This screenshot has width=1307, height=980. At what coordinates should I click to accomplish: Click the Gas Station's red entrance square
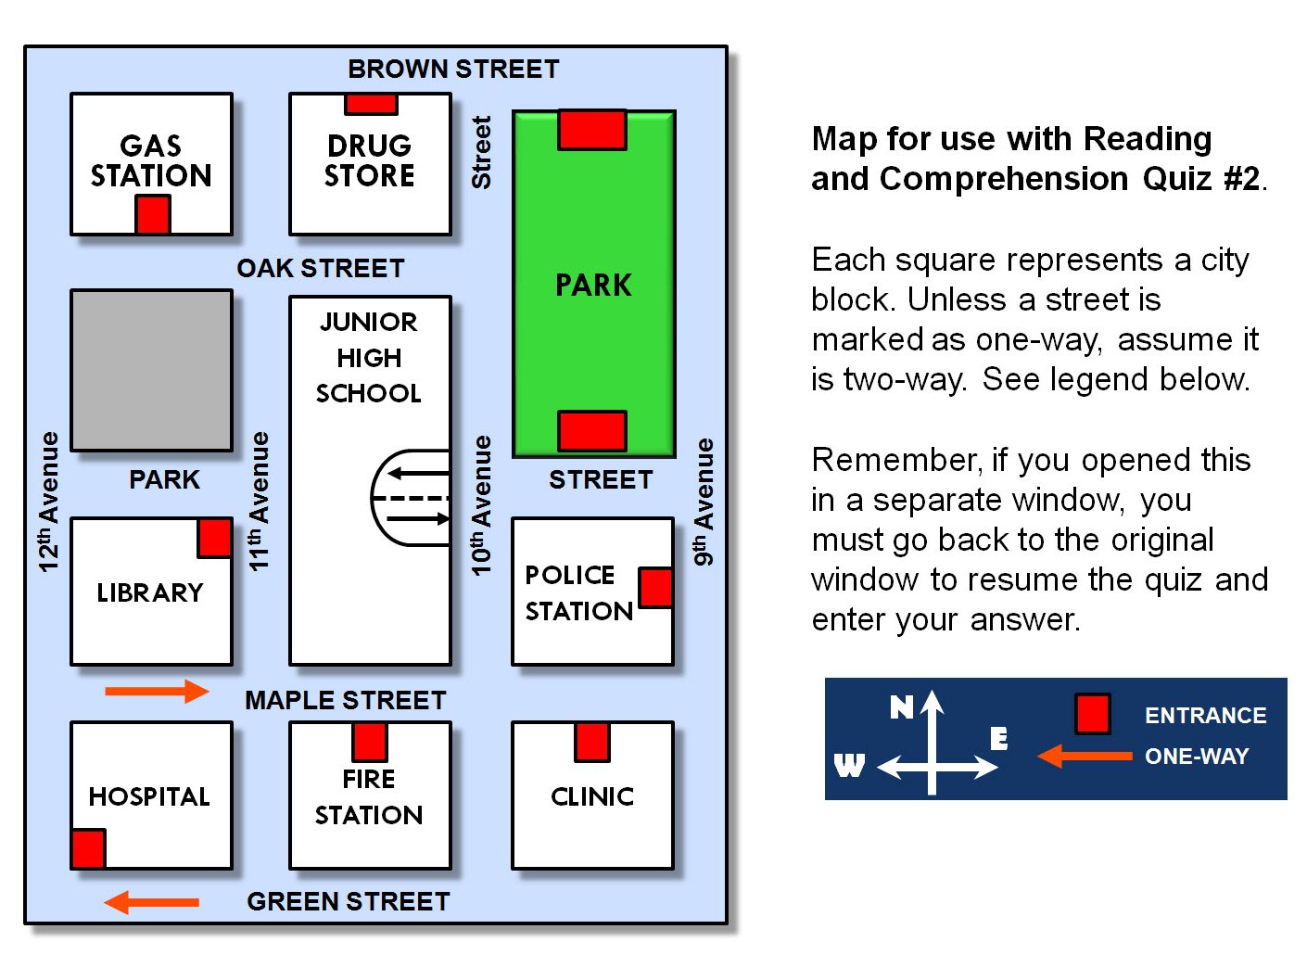click(x=152, y=214)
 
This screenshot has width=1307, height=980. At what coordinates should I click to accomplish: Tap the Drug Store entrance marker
click(x=371, y=104)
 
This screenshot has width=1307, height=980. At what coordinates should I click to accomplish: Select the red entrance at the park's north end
click(x=592, y=130)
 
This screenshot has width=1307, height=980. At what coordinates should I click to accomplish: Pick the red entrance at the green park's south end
click(x=592, y=430)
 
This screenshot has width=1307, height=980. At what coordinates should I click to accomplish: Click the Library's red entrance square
click(x=214, y=538)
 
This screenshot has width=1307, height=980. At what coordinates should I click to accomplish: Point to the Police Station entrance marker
click(x=655, y=588)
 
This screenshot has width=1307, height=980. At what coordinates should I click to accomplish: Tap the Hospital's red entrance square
click(x=89, y=848)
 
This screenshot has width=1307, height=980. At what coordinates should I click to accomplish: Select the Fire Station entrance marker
click(x=370, y=742)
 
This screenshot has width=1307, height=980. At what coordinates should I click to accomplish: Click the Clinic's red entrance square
click(x=592, y=742)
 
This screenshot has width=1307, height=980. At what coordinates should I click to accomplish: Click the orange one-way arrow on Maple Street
click(x=157, y=692)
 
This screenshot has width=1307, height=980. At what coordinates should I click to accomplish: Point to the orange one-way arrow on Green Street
click(x=151, y=903)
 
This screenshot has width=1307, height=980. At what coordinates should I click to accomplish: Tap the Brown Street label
click(x=453, y=69)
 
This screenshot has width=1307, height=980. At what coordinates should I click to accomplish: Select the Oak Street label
click(x=321, y=269)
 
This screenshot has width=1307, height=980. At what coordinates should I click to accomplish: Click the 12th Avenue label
click(x=49, y=502)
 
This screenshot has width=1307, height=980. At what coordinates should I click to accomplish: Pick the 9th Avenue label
click(x=704, y=502)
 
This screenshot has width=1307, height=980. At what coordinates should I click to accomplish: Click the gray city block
click(x=151, y=370)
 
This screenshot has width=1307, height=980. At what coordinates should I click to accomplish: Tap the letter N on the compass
click(x=902, y=707)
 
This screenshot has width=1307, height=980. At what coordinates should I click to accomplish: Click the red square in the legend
click(x=1093, y=713)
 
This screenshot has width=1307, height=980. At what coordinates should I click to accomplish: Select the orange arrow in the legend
click(x=1085, y=757)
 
